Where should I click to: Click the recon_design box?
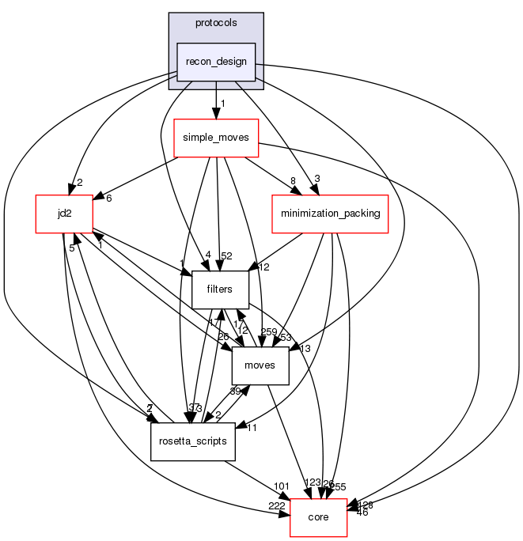[216, 62]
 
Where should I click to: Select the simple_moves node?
[216, 138]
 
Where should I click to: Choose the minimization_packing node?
[329, 214]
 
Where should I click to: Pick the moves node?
[260, 365]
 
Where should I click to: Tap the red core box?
[319, 517]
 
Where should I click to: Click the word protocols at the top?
[216, 23]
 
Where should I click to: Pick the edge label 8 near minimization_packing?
[293, 181]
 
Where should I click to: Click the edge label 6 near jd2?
[108, 198]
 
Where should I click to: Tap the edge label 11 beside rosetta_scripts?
[251, 429]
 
